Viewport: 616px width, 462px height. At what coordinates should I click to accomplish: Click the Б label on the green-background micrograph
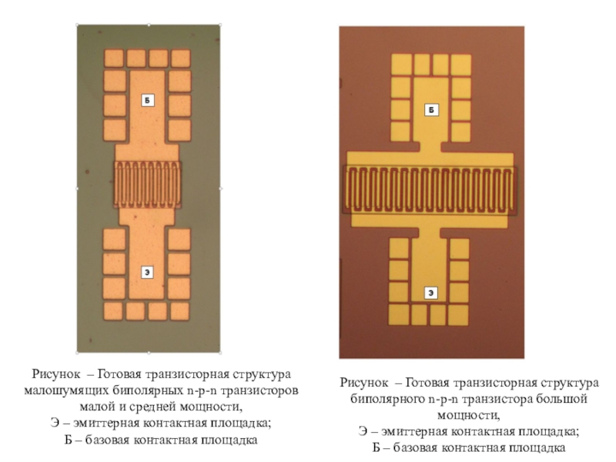tap(147, 101)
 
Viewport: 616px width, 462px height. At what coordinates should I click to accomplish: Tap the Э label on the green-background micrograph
tap(147, 271)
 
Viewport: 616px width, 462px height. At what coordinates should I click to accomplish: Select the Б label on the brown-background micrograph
tap(432, 111)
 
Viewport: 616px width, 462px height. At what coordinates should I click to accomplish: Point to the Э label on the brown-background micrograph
tap(432, 292)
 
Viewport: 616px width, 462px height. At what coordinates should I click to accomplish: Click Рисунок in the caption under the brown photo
tap(364, 383)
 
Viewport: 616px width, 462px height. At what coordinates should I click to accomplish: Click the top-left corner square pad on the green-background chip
tap(113, 59)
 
